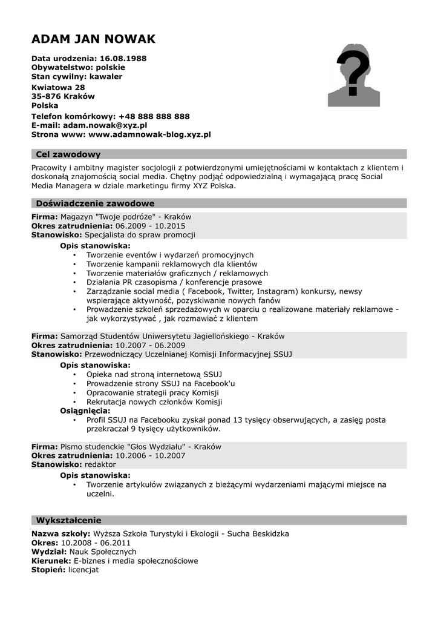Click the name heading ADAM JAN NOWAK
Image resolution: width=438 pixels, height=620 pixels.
pyautogui.click(x=93, y=39)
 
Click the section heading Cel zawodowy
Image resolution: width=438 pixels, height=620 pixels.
pyautogui.click(x=68, y=154)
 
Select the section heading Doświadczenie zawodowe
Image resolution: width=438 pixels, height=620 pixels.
pyautogui.click(x=95, y=203)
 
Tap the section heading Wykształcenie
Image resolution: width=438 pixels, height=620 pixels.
pyautogui.click(x=68, y=520)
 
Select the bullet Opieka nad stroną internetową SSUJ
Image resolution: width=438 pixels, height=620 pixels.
pyautogui.click(x=154, y=375)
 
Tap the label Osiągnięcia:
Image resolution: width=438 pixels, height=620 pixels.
pyautogui.click(x=85, y=411)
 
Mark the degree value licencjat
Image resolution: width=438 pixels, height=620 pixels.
pyautogui.click(x=83, y=570)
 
